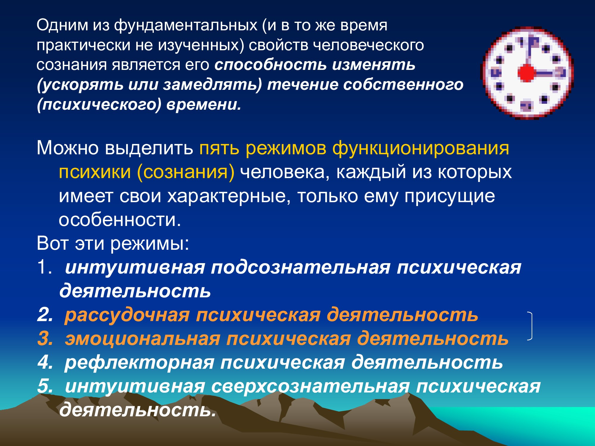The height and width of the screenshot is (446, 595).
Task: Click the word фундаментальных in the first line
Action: pos(185,25)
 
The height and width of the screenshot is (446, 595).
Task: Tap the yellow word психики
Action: pos(95,172)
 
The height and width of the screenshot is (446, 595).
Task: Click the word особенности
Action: pos(120,220)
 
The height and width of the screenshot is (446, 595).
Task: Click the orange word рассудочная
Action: pos(127,315)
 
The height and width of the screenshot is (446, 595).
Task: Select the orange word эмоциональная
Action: pos(143,339)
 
